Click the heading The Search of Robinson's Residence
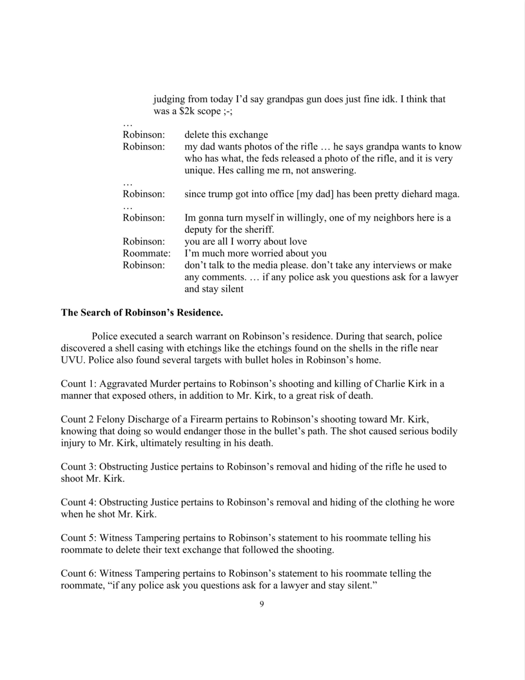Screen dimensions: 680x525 (142, 313)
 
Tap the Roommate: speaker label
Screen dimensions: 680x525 (147, 253)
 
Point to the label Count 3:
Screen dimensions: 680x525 (78, 467)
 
